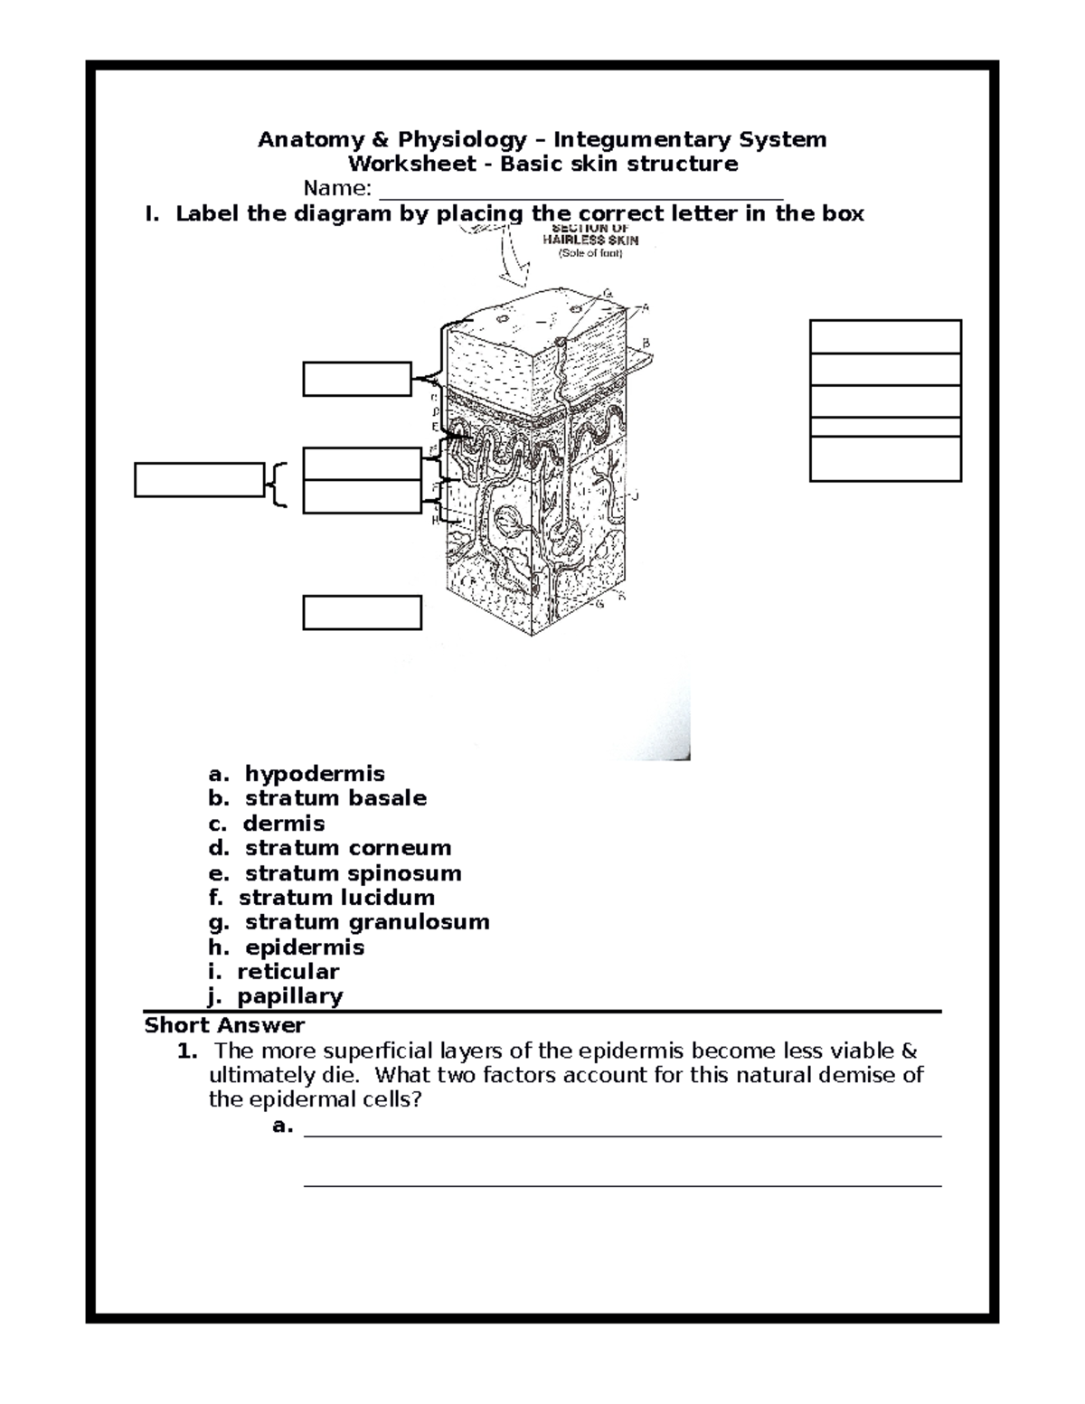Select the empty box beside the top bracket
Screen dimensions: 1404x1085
coord(357,379)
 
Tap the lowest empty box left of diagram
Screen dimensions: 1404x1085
coord(362,612)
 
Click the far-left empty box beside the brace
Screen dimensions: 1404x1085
coord(199,480)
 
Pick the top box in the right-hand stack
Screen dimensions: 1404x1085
coord(884,336)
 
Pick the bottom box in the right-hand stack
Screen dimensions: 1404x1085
coord(884,458)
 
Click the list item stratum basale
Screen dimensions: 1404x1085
coord(335,798)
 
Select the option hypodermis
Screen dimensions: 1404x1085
coord(314,774)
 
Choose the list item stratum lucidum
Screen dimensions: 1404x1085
coord(336,898)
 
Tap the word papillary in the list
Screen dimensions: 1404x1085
coord(289,996)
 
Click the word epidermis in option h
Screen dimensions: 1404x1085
coord(305,947)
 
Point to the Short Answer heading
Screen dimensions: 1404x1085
coord(224,1025)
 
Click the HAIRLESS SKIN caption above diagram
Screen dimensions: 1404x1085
coord(590,240)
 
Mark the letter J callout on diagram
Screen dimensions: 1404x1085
coord(636,495)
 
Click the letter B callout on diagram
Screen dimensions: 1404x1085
coord(646,343)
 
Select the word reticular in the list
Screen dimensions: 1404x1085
coord(288,972)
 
